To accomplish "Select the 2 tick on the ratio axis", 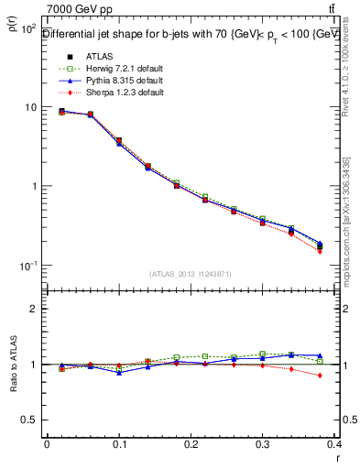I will pyautogui.click(x=33, y=309).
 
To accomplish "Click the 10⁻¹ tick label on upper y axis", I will pyautogui.click(x=27, y=266).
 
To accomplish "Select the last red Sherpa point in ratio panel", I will pyautogui.click(x=320, y=376).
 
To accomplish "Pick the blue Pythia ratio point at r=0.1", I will pyautogui.click(x=119, y=372).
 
